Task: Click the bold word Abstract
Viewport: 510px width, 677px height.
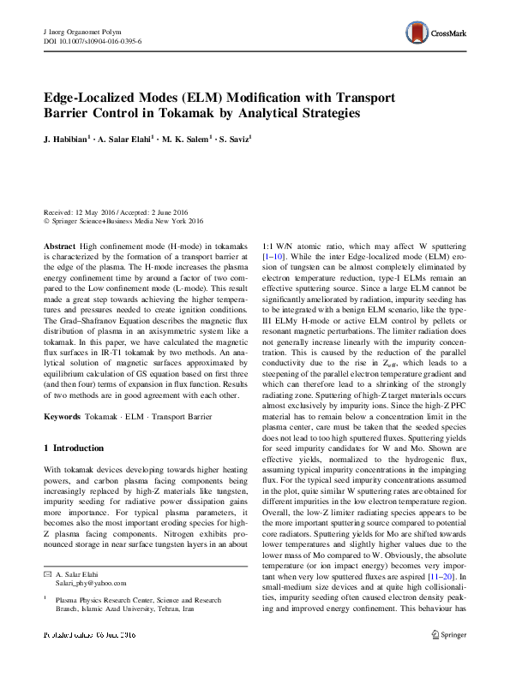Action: pos(59,244)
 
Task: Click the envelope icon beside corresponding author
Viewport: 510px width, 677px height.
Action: pos(47,573)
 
